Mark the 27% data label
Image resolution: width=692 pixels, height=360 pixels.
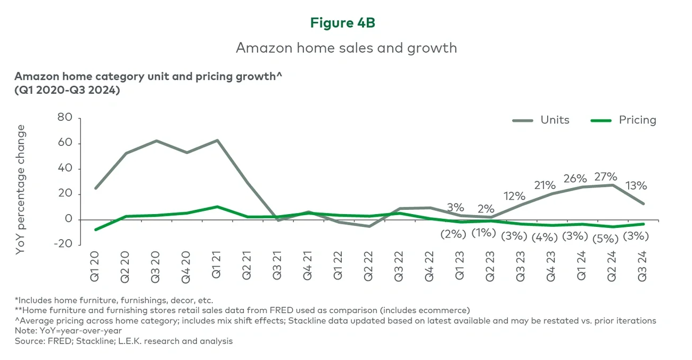point(606,177)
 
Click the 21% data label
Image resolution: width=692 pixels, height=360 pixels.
point(545,185)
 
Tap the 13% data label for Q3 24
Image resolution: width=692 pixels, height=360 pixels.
point(636,186)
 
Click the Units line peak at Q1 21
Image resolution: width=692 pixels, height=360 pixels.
point(217,141)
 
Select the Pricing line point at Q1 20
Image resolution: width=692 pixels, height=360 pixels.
point(95,230)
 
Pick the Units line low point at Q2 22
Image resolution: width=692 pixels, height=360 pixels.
point(369,226)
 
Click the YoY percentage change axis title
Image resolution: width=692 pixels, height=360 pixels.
point(21,189)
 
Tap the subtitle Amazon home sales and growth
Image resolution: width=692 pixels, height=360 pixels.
point(346,48)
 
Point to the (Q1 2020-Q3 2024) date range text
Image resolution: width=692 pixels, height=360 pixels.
point(67,90)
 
